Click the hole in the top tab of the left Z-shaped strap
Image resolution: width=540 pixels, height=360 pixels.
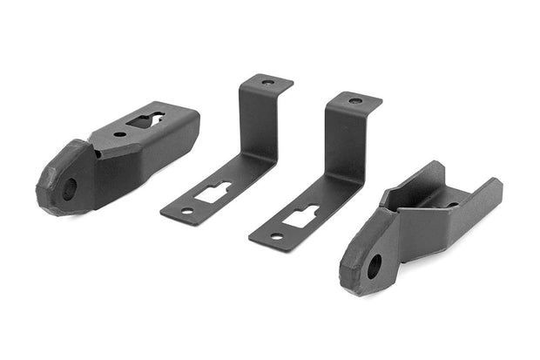pyautogui.click(x=268, y=82)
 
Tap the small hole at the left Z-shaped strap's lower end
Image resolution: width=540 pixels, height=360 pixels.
pyautogui.click(x=186, y=211)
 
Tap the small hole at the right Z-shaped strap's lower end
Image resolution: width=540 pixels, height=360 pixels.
pyautogui.click(x=276, y=235)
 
